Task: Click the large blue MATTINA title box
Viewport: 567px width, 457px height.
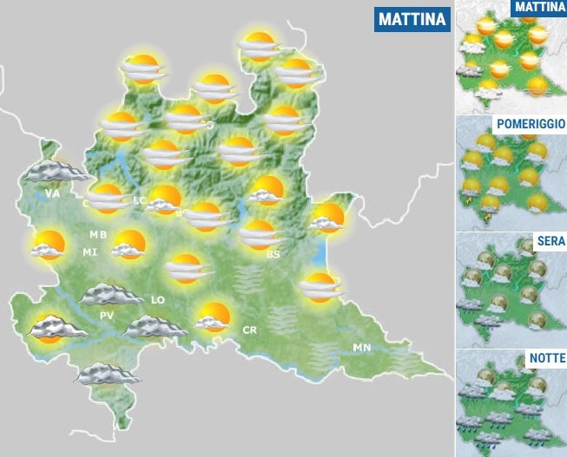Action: tap(412, 19)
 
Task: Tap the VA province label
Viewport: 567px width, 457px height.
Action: tap(53, 193)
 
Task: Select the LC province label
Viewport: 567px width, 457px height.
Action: tap(140, 200)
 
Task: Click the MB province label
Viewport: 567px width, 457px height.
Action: tap(98, 235)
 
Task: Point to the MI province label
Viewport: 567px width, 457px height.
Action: tap(89, 251)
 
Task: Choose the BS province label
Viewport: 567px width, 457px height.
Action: tap(274, 254)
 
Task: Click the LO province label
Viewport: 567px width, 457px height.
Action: tap(158, 300)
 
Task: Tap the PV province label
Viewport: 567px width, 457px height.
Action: tap(107, 315)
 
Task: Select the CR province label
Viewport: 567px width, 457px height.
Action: tap(249, 330)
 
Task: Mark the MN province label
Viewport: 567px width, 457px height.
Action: tap(362, 348)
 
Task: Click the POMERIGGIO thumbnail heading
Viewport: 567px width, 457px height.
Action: tap(530, 124)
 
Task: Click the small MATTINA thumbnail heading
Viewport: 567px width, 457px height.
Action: tap(539, 8)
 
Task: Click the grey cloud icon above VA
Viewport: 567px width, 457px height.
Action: tap(52, 170)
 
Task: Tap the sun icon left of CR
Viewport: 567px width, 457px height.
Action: tap(212, 317)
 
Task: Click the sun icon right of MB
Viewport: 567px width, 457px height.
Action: tap(129, 245)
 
